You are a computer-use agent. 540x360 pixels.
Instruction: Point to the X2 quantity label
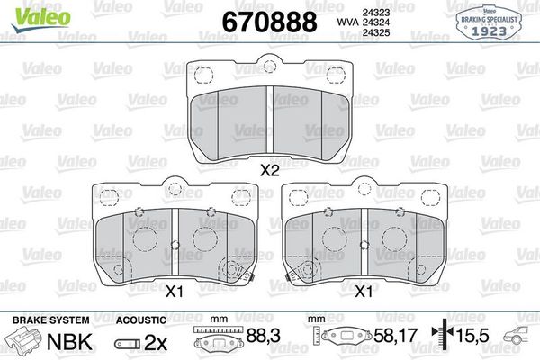click(268, 169)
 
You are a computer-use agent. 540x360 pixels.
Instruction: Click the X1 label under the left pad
click(174, 291)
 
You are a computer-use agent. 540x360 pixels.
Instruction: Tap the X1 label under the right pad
click(364, 291)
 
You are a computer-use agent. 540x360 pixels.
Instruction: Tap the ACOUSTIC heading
click(141, 319)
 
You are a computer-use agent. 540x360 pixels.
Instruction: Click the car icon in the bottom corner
click(518, 338)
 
